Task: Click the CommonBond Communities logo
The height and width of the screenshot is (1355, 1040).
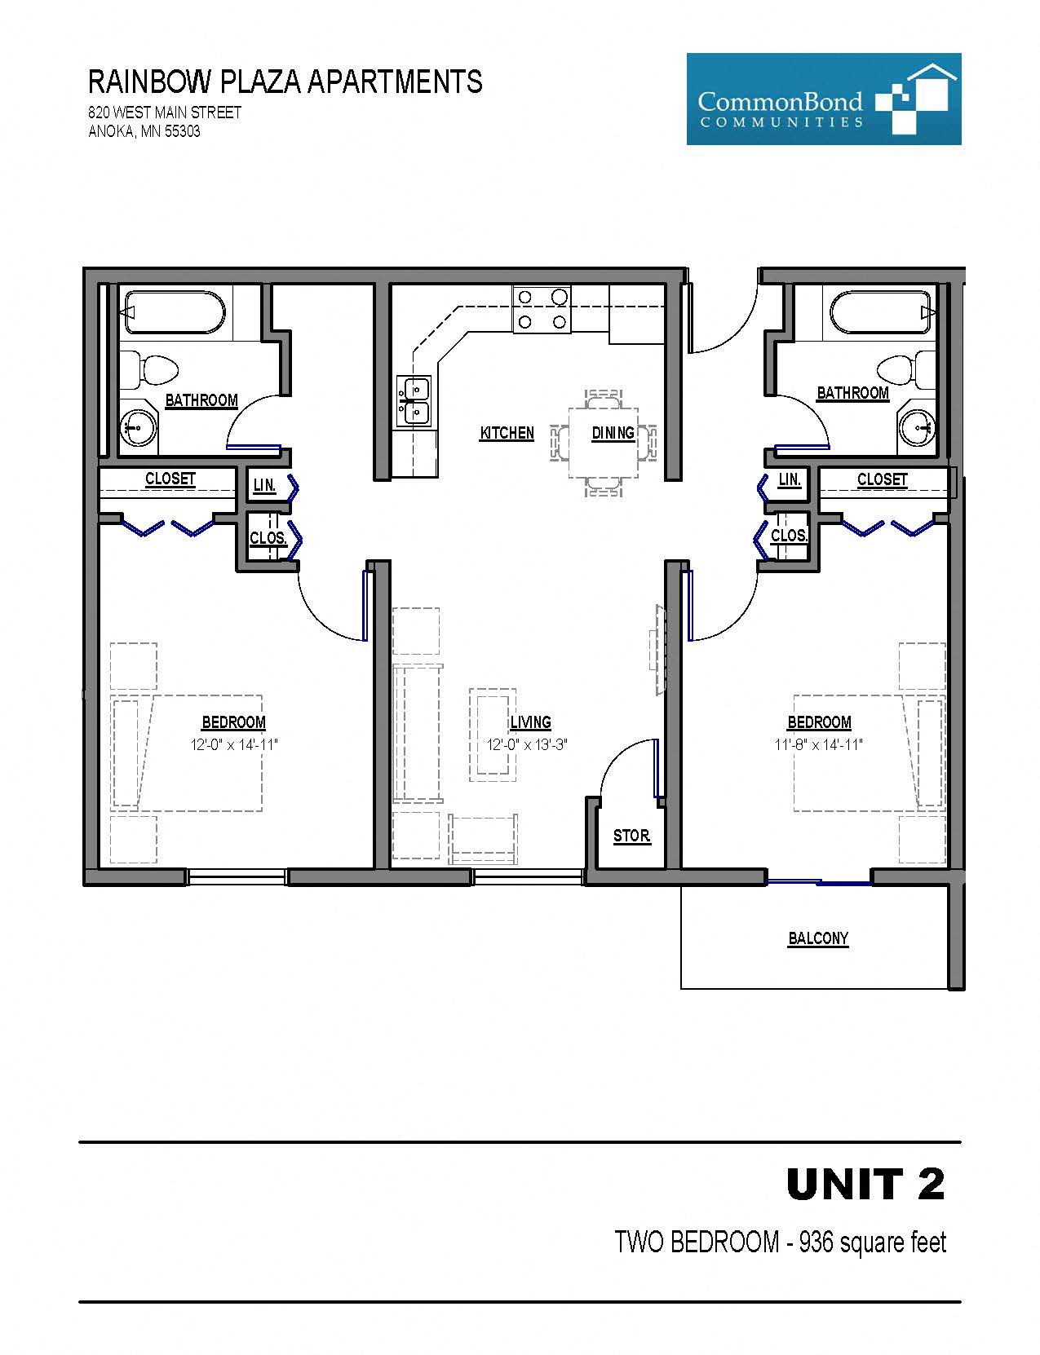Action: click(823, 99)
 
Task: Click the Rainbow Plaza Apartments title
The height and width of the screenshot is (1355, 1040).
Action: click(285, 82)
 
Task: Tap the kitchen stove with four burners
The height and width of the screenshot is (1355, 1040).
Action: click(542, 309)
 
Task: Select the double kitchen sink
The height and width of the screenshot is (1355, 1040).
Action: click(414, 401)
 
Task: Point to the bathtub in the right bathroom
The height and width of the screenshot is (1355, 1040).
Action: click(881, 312)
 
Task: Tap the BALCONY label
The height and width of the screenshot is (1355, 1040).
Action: click(818, 938)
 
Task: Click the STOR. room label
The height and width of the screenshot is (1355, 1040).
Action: click(631, 836)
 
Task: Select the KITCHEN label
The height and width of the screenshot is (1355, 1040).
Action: click(507, 433)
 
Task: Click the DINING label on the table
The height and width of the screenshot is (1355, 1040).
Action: click(613, 433)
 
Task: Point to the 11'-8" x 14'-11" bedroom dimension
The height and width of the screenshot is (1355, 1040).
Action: click(818, 744)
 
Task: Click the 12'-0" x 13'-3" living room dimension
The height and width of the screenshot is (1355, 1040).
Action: click(526, 744)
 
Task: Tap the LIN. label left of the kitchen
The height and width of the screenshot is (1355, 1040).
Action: click(264, 486)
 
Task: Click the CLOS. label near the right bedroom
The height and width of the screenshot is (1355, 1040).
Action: click(789, 536)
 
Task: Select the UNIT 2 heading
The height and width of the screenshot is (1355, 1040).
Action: click(865, 1184)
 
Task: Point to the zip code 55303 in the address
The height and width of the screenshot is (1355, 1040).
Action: click(183, 131)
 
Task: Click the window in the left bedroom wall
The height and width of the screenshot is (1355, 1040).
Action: click(237, 877)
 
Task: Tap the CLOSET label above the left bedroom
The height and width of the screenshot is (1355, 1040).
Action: click(170, 479)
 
